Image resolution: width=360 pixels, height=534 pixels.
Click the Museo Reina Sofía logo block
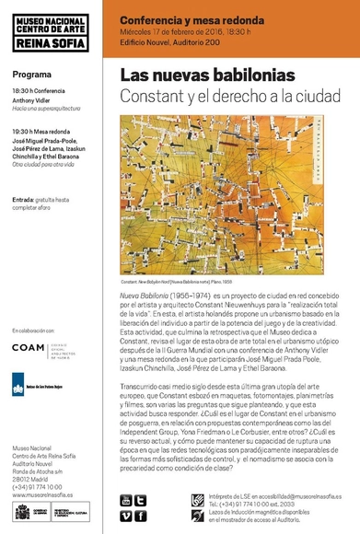coord(52,29)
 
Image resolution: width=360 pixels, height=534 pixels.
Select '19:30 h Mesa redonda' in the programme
coord(46,132)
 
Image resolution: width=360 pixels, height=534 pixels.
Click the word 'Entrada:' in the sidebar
coord(25,199)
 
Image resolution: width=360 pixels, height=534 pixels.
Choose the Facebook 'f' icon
coord(141,516)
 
